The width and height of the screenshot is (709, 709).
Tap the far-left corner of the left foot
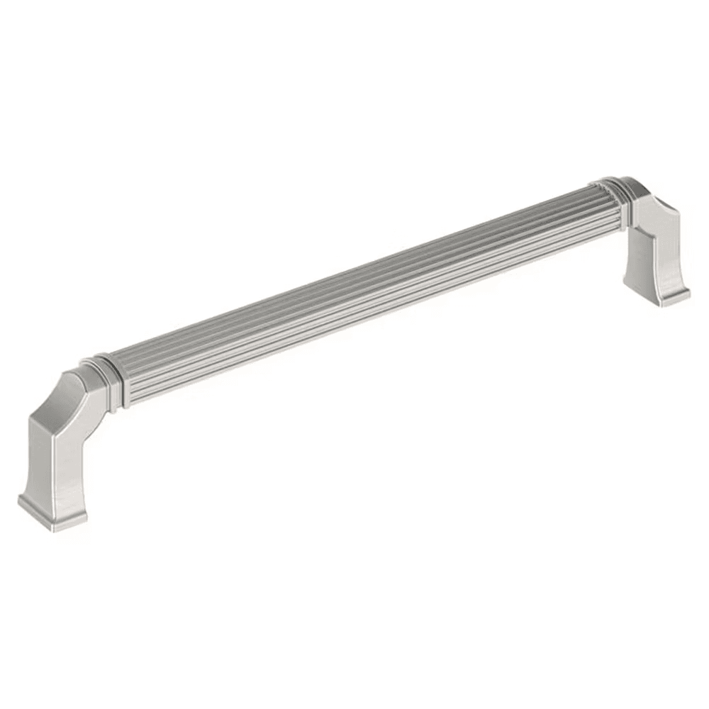19,500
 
